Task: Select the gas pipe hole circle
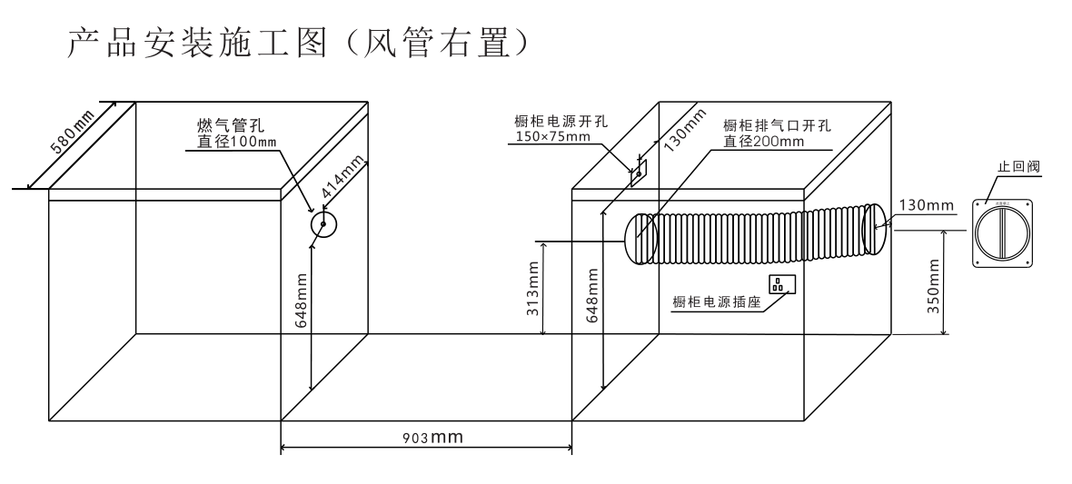pyautogui.click(x=323, y=224)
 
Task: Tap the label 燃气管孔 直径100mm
pyautogui.click(x=232, y=133)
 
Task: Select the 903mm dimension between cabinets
pyautogui.click(x=432, y=438)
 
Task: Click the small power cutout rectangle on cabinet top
pyautogui.click(x=639, y=173)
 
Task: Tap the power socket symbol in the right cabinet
pyautogui.click(x=782, y=285)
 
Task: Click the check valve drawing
pyautogui.click(x=1004, y=232)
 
